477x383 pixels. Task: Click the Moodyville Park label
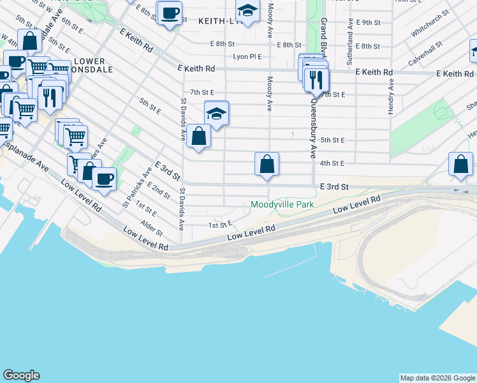pyautogui.click(x=283, y=205)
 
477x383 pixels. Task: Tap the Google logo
pyautogui.click(x=21, y=375)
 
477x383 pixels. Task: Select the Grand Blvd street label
pyautogui.click(x=323, y=29)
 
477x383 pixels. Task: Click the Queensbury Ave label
pyautogui.click(x=314, y=128)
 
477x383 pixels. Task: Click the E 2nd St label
pyautogui.click(x=158, y=190)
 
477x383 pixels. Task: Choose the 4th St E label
pyautogui.click(x=332, y=163)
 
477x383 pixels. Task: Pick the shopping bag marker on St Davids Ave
pyautogui.click(x=199, y=136)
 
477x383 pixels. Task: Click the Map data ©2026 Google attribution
pyautogui.click(x=437, y=378)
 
